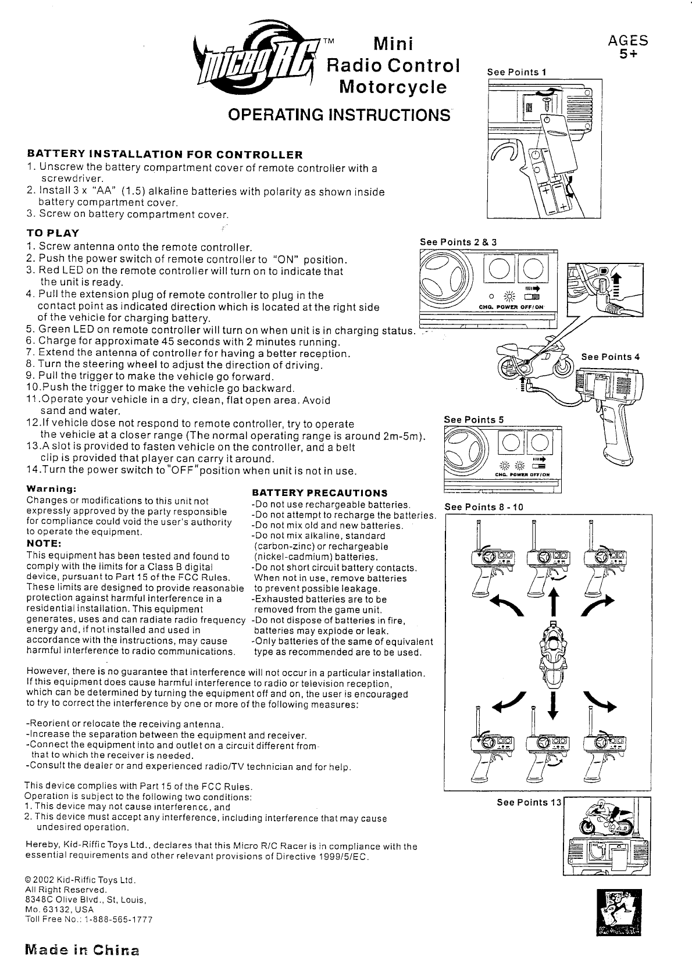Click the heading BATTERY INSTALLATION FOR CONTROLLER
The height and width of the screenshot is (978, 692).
tap(165, 155)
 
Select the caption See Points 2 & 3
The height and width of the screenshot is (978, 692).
tap(458, 242)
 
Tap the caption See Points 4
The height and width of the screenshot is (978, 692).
tap(610, 357)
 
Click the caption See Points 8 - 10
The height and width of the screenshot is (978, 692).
tap(484, 507)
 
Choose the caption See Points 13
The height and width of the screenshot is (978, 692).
tap(529, 803)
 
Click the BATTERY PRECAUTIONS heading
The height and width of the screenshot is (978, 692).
tap(319, 493)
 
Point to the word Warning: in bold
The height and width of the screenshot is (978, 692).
tap(49, 489)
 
